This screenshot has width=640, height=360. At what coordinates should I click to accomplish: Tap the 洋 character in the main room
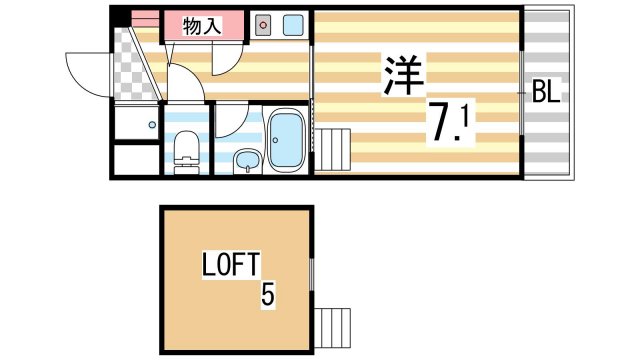403,75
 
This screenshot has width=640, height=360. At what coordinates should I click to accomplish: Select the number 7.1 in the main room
452,122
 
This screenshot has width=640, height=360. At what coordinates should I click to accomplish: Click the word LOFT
231,265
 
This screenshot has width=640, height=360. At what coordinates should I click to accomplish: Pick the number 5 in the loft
267,295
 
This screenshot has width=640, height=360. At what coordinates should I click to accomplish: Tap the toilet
185,152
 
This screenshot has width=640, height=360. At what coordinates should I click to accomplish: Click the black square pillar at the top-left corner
119,16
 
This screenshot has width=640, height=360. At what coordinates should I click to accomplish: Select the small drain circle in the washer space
152,125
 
